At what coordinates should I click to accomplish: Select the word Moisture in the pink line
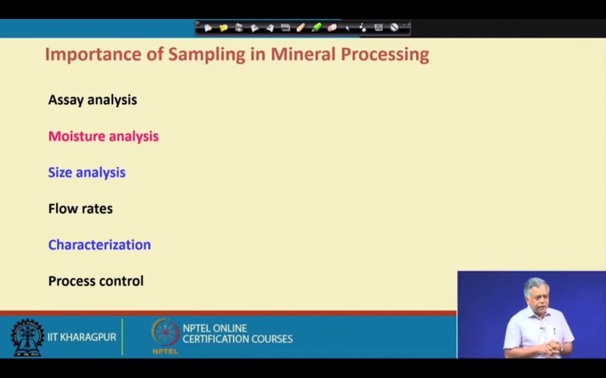[77, 136]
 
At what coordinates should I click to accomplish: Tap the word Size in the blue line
[60, 173]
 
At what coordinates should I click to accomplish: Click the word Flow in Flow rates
[61, 208]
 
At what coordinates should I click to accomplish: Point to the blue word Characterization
[100, 245]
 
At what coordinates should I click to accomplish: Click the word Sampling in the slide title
[207, 55]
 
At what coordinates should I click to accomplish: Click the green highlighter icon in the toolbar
[316, 28]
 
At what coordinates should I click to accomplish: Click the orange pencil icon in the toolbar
[301, 28]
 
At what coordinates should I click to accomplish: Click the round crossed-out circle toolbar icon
[394, 28]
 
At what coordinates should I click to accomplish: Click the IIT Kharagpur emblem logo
[27, 337]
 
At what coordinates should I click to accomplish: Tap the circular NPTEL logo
[165, 333]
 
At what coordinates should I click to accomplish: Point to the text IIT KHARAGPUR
[82, 337]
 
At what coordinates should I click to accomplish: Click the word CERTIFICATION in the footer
[216, 339]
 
